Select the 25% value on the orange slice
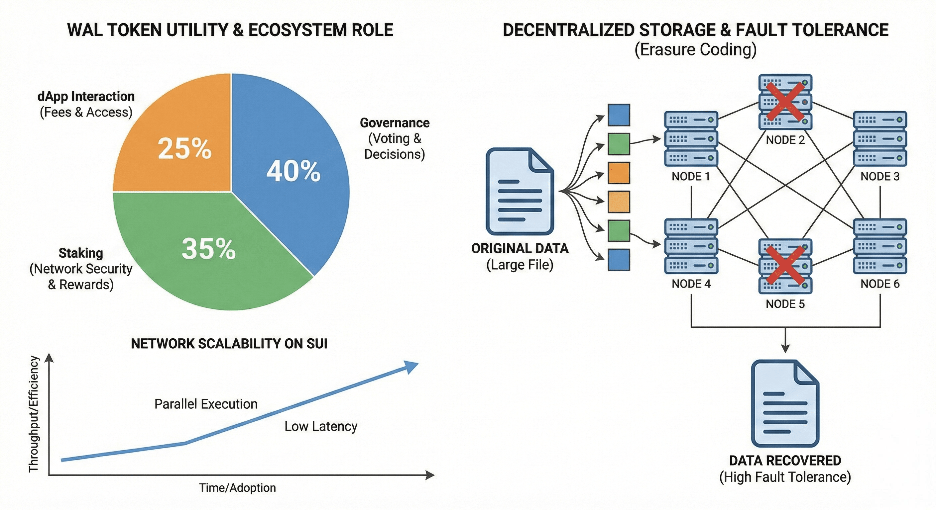pyautogui.click(x=184, y=148)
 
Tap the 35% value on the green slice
pyautogui.click(x=208, y=249)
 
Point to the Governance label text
pyautogui.click(x=395, y=123)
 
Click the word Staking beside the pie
pyautogui.click(x=81, y=253)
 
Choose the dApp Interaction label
pyautogui.click(x=86, y=97)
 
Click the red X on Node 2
pyautogui.click(x=785, y=102)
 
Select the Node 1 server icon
pyautogui.click(x=691, y=139)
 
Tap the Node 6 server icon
pyautogui.click(x=880, y=246)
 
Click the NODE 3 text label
pyautogui.click(x=880, y=177)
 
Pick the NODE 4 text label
pyautogui.click(x=691, y=284)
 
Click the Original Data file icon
pyautogui.click(x=520, y=191)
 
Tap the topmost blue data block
pyautogui.click(x=619, y=115)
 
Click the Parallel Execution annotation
pyautogui.click(x=206, y=404)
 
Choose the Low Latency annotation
pyautogui.click(x=321, y=427)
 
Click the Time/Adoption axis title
pyautogui.click(x=237, y=488)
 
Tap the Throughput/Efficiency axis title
pyautogui.click(x=34, y=414)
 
